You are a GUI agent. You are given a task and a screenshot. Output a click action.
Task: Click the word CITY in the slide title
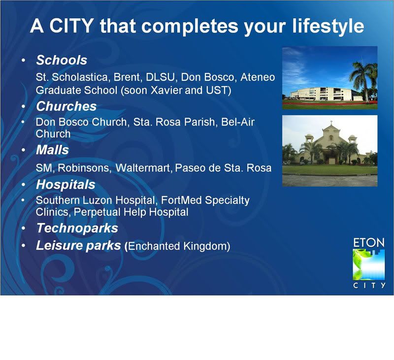[x=71, y=26]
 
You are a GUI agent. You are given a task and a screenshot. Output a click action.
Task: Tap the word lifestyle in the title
[x=328, y=27]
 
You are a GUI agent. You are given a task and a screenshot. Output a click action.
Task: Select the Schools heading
[x=62, y=60]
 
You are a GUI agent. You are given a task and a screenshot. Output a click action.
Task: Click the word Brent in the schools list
[x=125, y=77]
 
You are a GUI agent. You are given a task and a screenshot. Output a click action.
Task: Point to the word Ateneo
[x=258, y=77]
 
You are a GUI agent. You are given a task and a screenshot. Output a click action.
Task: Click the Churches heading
[x=66, y=106]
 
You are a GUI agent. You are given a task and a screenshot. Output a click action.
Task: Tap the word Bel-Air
[x=238, y=122]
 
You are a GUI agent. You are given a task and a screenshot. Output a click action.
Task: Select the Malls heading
[x=52, y=150]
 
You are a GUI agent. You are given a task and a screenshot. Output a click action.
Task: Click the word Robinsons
[x=85, y=168]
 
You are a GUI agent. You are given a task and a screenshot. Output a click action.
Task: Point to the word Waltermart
[x=143, y=168]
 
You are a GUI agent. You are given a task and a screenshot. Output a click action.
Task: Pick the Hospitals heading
[x=66, y=185]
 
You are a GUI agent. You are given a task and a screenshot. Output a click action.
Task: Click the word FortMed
[x=181, y=200]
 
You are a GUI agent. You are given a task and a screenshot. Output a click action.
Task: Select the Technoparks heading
[x=77, y=228]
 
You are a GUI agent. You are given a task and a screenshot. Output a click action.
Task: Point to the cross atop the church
[x=331, y=123]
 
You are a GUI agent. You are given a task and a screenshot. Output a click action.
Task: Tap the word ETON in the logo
[x=368, y=243]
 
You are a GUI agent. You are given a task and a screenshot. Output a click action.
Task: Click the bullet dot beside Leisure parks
[x=23, y=245]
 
